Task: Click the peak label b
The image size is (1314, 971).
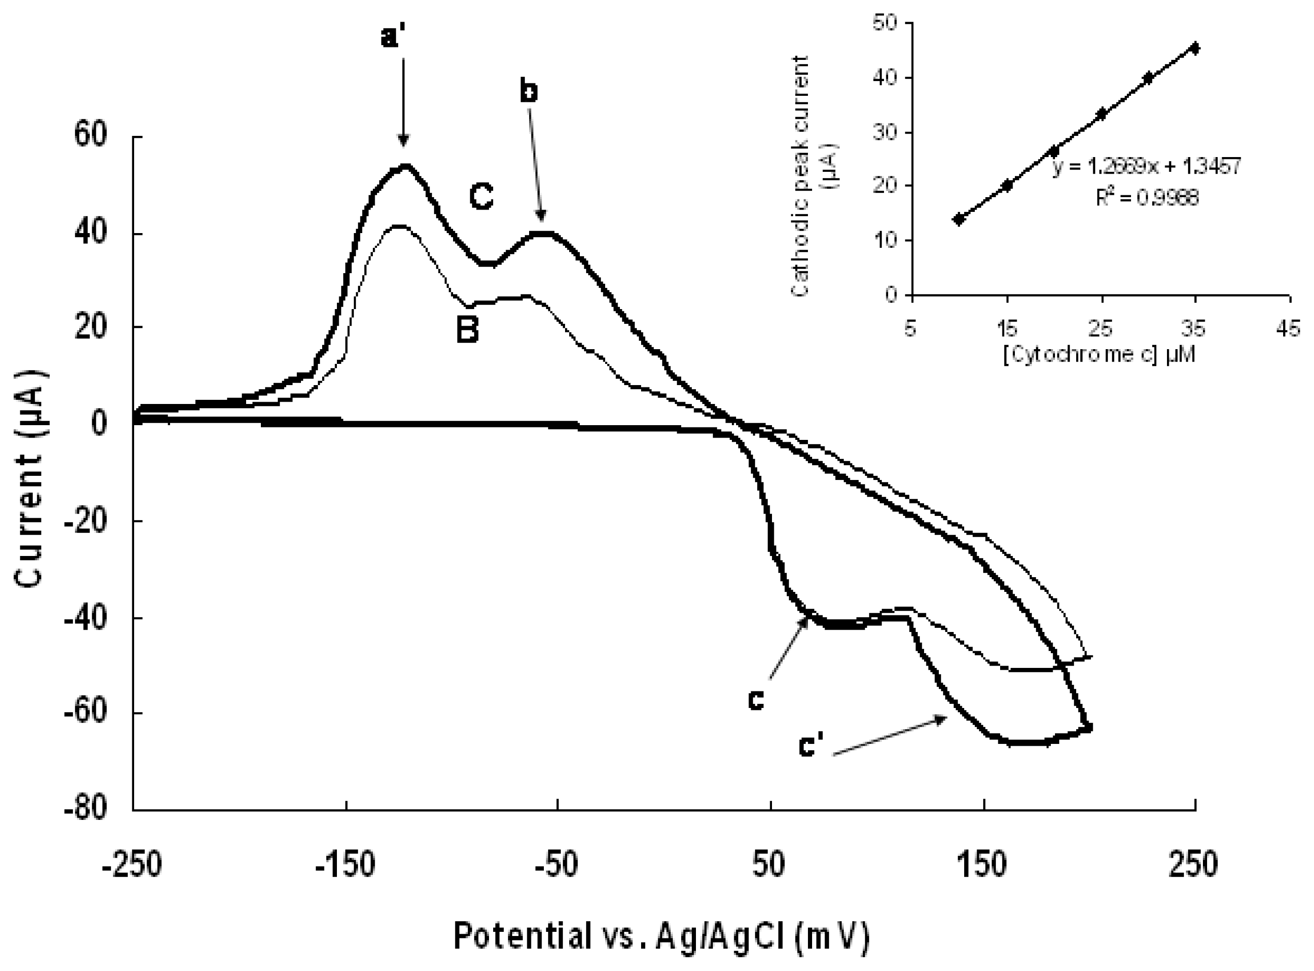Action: (x=530, y=92)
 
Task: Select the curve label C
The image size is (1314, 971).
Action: (x=481, y=198)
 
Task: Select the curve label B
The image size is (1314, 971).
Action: (x=468, y=330)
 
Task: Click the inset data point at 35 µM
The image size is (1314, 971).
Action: (x=1195, y=47)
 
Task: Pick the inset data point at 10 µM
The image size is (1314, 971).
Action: (x=959, y=219)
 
